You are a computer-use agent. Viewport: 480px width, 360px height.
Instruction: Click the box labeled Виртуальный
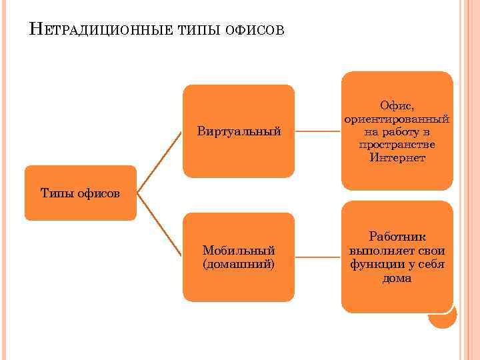pyautogui.click(x=239, y=131)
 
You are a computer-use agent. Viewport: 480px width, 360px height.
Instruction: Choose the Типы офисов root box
pyautogui.click(x=80, y=193)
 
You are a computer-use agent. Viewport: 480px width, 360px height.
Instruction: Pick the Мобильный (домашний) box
pyautogui.click(x=239, y=257)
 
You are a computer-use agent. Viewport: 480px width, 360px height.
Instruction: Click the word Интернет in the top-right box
pyautogui.click(x=397, y=158)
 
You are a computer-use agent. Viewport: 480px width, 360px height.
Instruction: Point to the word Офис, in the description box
pyautogui.click(x=397, y=105)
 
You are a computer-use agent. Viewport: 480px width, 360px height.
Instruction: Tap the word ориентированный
pyautogui.click(x=397, y=119)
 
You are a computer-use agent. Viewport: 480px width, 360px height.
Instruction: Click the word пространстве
pyautogui.click(x=397, y=145)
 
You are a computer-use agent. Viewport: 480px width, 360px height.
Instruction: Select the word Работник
pyautogui.click(x=397, y=237)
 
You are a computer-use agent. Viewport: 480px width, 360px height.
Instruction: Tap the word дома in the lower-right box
pyautogui.click(x=397, y=278)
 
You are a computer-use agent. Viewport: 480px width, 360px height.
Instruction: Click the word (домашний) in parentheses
pyautogui.click(x=239, y=264)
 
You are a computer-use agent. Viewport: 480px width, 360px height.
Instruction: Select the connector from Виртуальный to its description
pyautogui.click(x=318, y=131)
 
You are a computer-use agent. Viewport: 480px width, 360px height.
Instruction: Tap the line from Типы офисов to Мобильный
pyautogui.click(x=160, y=225)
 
